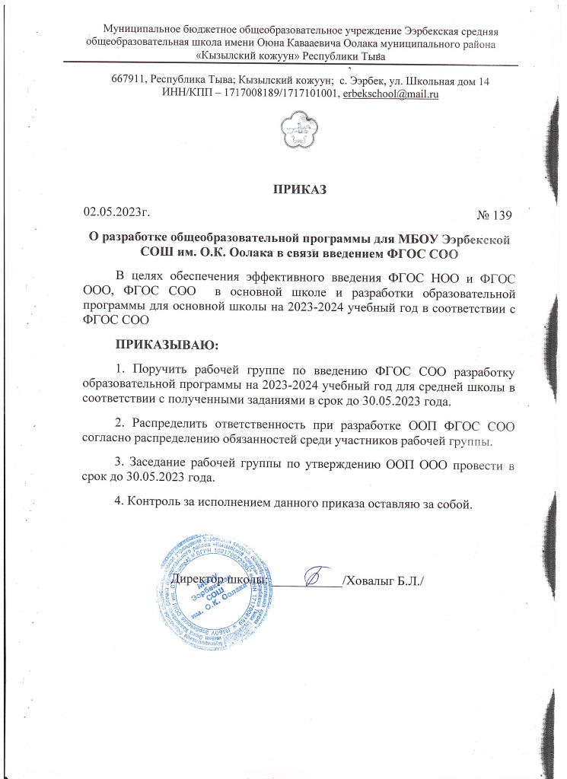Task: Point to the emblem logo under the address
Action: pyautogui.click(x=294, y=131)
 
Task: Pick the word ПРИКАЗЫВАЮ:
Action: pyautogui.click(x=166, y=346)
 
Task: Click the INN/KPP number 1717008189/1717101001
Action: pyautogui.click(x=272, y=94)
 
